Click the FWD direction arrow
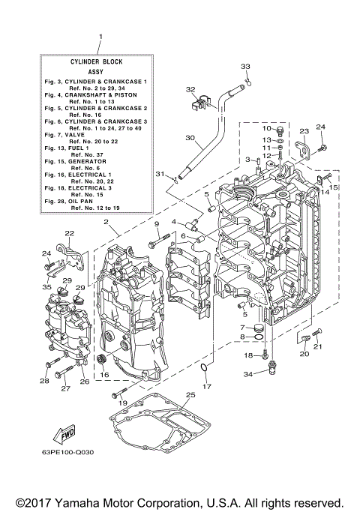tap(59, 436)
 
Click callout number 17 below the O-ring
tap(208, 387)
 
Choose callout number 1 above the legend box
tap(100, 36)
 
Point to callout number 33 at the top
tap(244, 67)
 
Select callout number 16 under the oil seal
tap(104, 374)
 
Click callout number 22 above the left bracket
tap(69, 234)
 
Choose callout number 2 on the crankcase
tap(106, 222)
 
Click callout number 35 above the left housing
tap(46, 287)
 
